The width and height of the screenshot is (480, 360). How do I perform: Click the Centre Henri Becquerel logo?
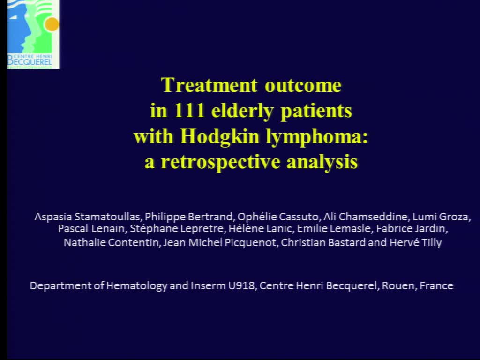(33, 34)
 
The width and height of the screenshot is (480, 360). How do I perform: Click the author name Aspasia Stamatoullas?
(87, 217)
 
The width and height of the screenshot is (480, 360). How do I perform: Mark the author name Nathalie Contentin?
(112, 242)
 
